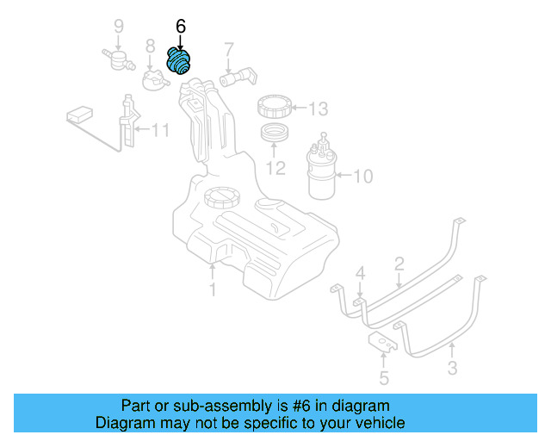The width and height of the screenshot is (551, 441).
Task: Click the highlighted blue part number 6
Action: pyautogui.click(x=181, y=62)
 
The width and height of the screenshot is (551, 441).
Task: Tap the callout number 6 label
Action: pyautogui.click(x=180, y=27)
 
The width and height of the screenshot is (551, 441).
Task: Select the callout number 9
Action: pyautogui.click(x=119, y=26)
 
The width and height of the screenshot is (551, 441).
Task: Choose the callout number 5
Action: pyautogui.click(x=384, y=377)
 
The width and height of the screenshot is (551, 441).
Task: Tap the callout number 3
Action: pyautogui.click(x=452, y=370)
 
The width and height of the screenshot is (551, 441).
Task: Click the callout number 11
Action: pyautogui.click(x=160, y=131)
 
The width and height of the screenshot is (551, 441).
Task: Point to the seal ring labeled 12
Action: pyautogui.click(x=275, y=135)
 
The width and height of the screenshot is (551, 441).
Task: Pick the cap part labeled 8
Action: pyautogui.click(x=153, y=81)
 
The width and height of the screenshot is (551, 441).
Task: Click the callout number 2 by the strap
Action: pyautogui.click(x=399, y=263)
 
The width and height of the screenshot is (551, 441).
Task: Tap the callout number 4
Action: pyautogui.click(x=361, y=274)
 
